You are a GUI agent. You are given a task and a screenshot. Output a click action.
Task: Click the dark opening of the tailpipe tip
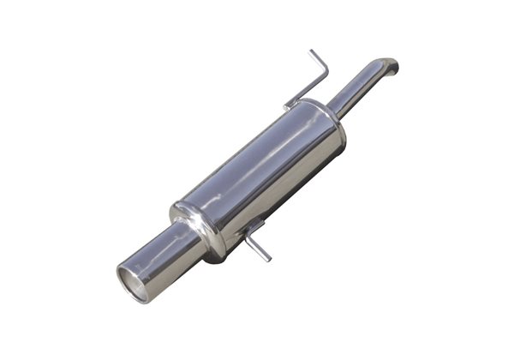point(134,284)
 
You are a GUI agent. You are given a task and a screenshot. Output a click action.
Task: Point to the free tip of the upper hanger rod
point(312,52)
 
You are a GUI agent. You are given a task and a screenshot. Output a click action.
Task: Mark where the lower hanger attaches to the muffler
point(250,225)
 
